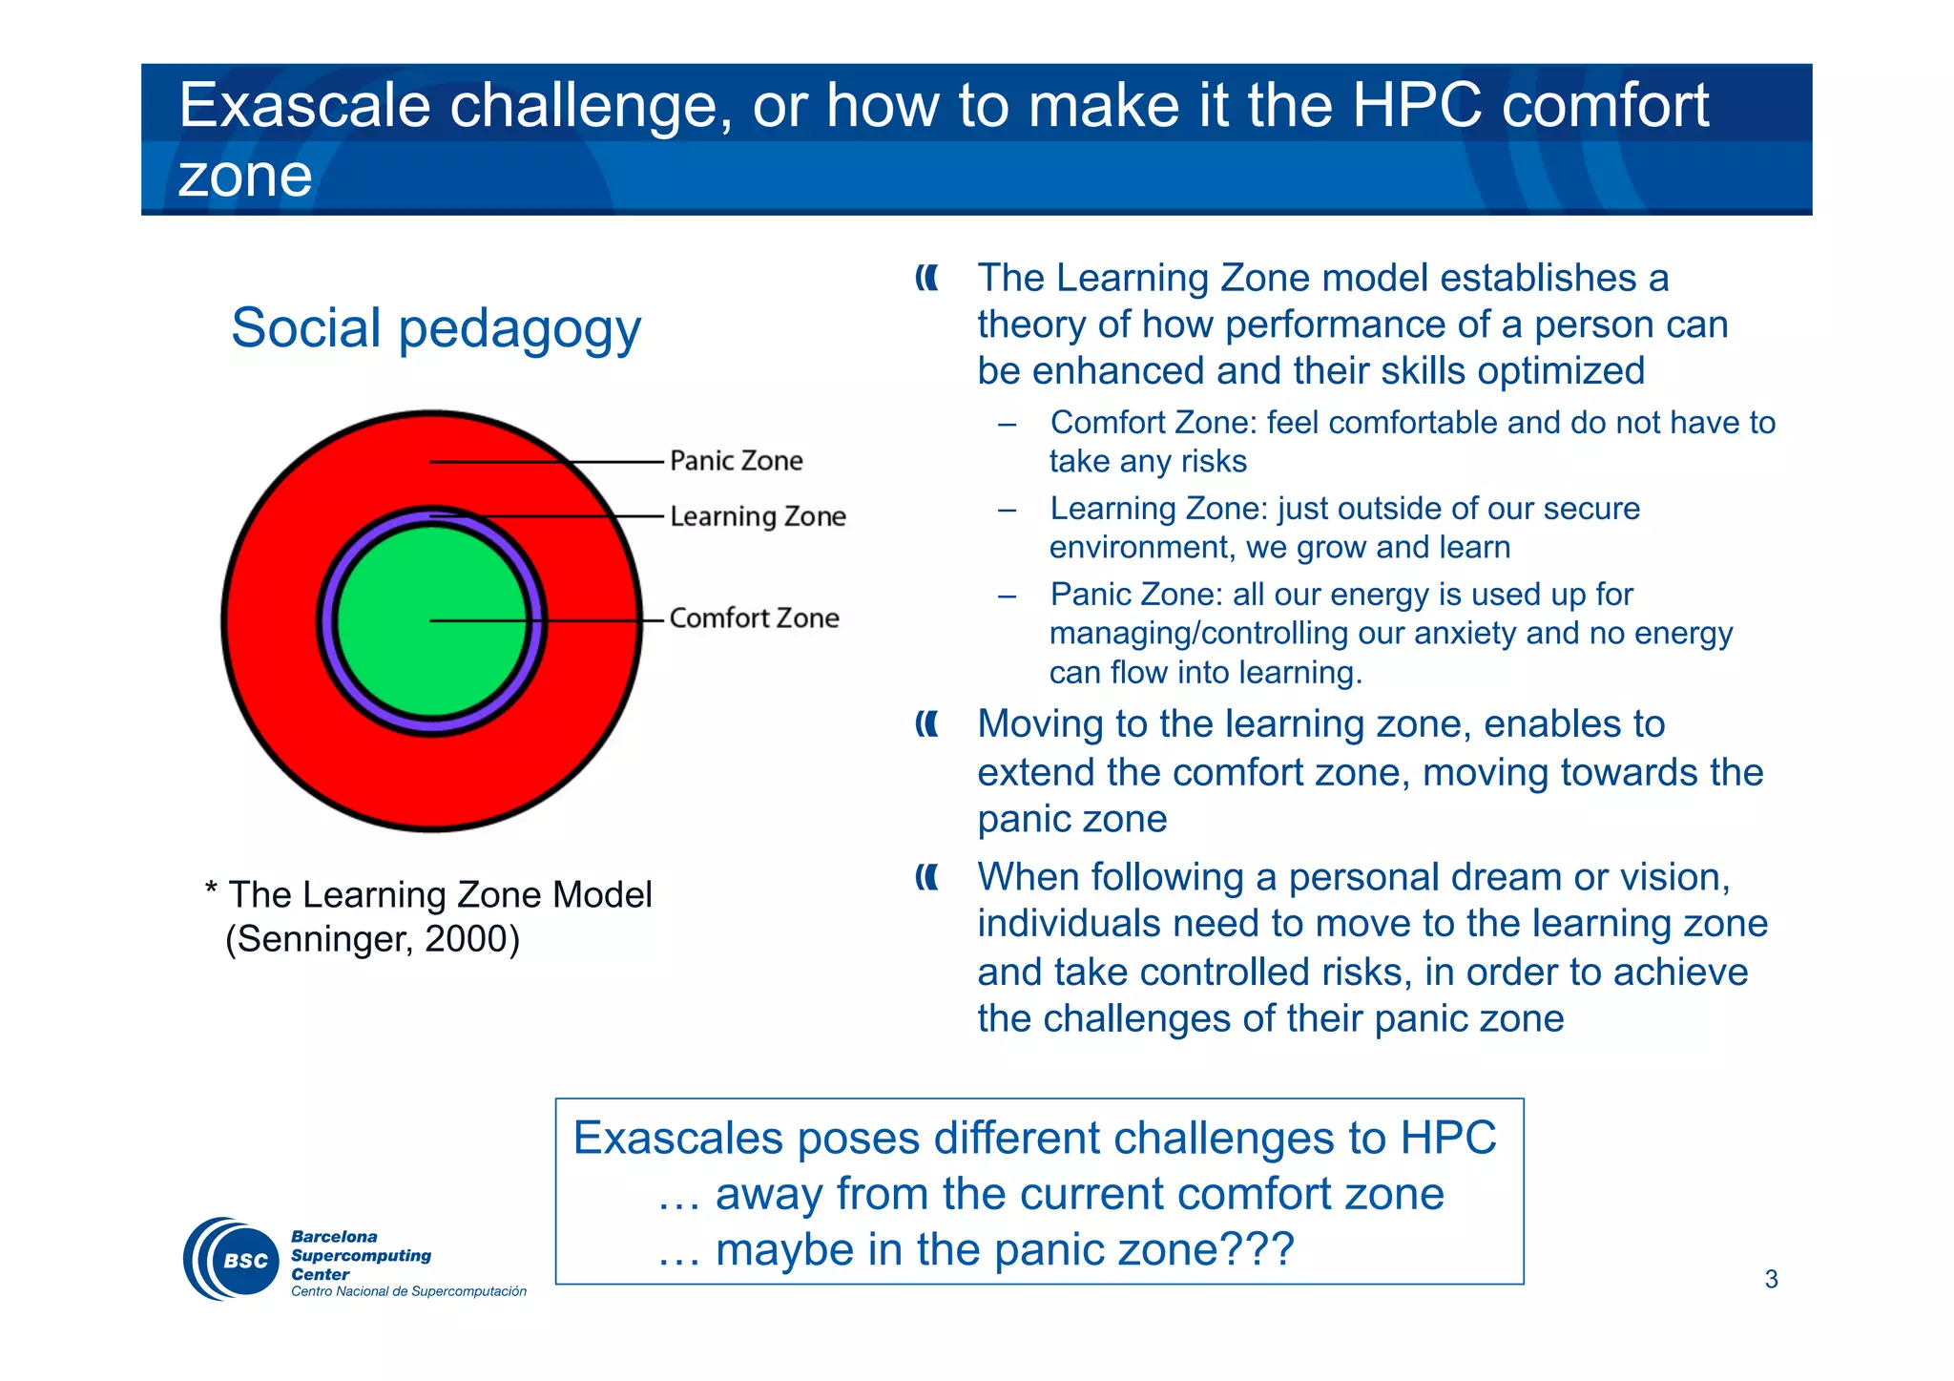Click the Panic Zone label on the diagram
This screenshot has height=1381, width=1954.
pyautogui.click(x=736, y=461)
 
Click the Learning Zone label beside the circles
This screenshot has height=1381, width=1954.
pyautogui.click(x=758, y=516)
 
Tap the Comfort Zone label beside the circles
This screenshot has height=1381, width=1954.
pyautogui.click(x=754, y=618)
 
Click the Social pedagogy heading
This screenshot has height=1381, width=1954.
pyautogui.click(x=436, y=328)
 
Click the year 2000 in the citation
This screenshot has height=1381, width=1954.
pyautogui.click(x=467, y=939)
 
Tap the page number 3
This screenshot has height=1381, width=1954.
pyautogui.click(x=1771, y=1279)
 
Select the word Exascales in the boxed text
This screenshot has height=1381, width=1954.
pyautogui.click(x=678, y=1138)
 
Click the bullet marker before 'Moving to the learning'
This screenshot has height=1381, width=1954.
pyautogui.click(x=926, y=725)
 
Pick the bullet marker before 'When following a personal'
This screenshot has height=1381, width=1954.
pyautogui.click(x=926, y=877)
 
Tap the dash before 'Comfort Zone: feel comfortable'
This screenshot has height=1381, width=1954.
pyautogui.click(x=1008, y=424)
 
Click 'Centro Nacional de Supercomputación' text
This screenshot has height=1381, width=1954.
pyautogui.click(x=408, y=1291)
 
